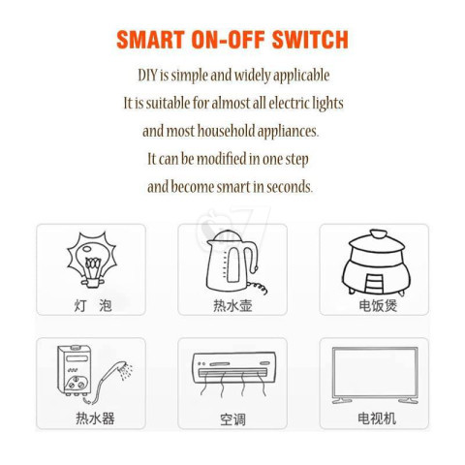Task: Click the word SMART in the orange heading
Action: (150, 40)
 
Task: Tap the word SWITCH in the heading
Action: (310, 40)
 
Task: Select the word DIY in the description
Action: (147, 75)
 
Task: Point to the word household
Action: (226, 131)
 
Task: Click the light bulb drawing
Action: (92, 260)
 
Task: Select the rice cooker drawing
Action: (376, 263)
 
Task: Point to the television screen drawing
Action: (375, 375)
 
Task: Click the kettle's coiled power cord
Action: (258, 287)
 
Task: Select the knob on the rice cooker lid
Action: (379, 233)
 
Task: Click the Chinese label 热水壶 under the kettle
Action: (232, 305)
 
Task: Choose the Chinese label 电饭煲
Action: (378, 305)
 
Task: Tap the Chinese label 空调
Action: (232, 419)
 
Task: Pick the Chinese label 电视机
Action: (377, 418)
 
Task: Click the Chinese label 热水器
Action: (95, 418)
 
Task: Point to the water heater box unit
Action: (75, 370)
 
